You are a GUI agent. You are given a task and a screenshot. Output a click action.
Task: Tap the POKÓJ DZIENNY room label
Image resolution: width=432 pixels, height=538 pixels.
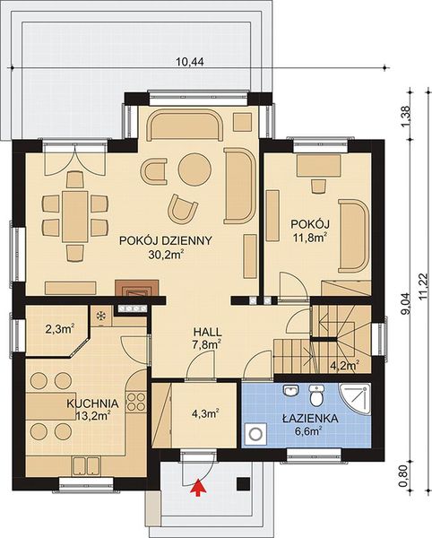pyautogui.click(x=166, y=240)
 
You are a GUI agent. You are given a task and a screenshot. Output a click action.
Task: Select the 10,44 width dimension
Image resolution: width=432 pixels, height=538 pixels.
pyautogui.click(x=190, y=62)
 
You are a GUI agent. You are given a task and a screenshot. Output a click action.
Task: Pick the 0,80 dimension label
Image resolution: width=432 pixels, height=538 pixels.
pyautogui.click(x=407, y=475)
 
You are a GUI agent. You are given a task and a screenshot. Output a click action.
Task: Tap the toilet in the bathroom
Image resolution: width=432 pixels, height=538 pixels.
pyautogui.click(x=315, y=395)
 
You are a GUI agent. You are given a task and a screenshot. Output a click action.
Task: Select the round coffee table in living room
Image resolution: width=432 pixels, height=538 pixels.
pyautogui.click(x=194, y=169)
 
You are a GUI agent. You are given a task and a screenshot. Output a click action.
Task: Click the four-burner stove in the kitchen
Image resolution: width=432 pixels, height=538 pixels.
pyautogui.click(x=136, y=402)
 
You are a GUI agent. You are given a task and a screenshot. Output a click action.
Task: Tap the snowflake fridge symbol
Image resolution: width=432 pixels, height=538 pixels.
pyautogui.click(x=101, y=316)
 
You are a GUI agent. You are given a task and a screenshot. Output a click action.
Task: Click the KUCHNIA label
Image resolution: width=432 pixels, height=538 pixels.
pyautogui.click(x=92, y=403)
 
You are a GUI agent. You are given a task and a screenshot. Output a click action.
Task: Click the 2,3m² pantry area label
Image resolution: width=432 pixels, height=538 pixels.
pyautogui.click(x=60, y=329)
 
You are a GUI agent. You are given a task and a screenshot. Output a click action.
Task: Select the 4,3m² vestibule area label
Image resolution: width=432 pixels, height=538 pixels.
pyautogui.click(x=205, y=413)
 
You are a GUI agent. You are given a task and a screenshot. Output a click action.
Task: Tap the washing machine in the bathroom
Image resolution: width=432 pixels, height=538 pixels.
pyautogui.click(x=255, y=433)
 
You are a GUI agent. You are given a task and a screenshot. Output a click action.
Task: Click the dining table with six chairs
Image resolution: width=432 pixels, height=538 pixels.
pyautogui.click(x=75, y=216)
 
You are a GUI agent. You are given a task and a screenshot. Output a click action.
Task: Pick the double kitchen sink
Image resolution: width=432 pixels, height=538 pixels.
pyautogui.click(x=86, y=466)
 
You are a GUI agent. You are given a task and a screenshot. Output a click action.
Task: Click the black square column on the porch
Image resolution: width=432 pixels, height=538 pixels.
pyautogui.click(x=244, y=484)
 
